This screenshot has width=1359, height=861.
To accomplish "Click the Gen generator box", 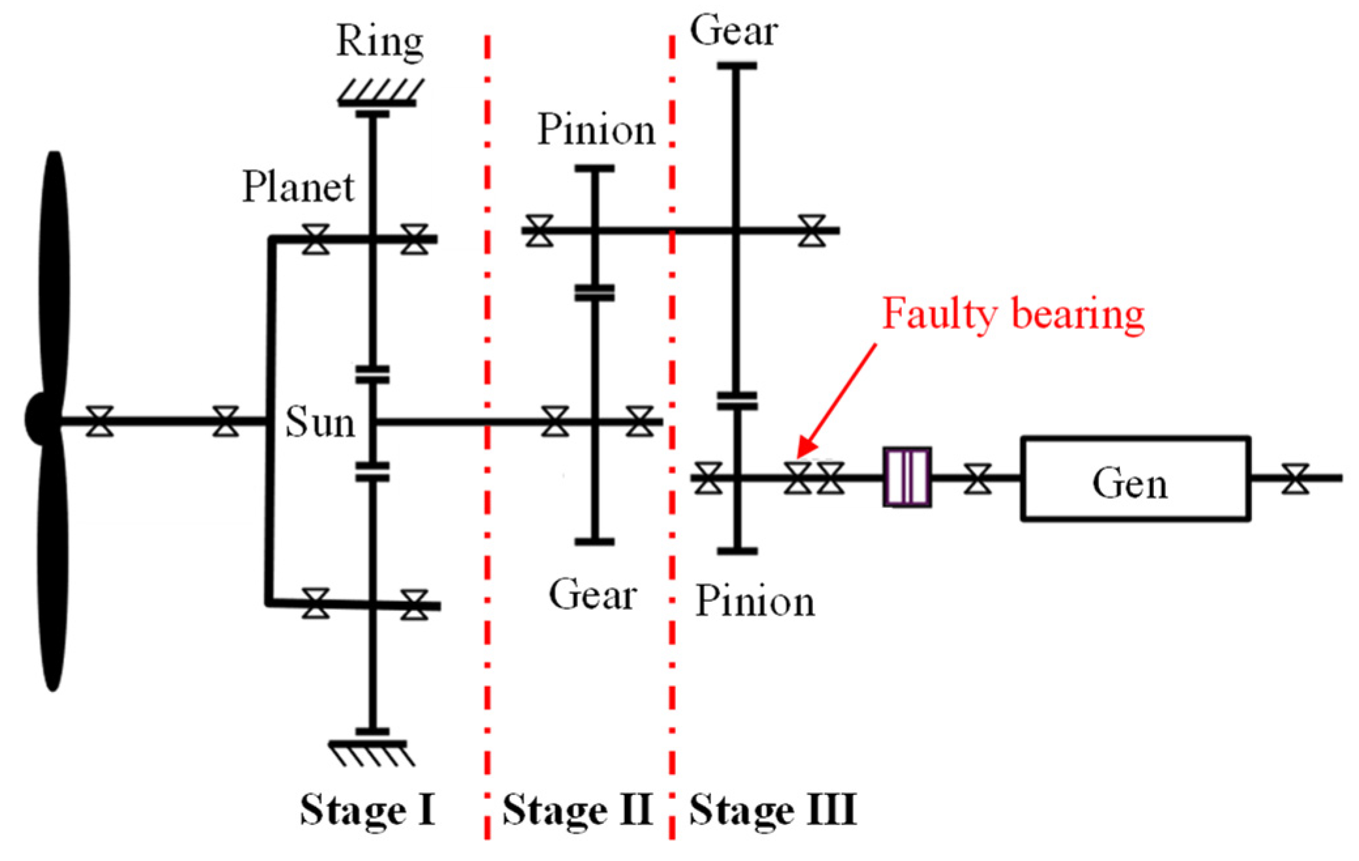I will (1135, 479).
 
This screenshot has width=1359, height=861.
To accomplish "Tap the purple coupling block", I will (906, 477).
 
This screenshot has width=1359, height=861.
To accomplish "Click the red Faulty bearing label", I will (1013, 314).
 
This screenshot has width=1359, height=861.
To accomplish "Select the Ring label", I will (379, 42).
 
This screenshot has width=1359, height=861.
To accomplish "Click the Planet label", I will (298, 187).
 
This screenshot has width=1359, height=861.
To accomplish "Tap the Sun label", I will (320, 422).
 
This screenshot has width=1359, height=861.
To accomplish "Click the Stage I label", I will (367, 810).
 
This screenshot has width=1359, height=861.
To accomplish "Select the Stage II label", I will (577, 810).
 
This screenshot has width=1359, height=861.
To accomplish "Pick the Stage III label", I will (773, 810).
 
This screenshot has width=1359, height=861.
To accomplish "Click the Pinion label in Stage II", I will (596, 129).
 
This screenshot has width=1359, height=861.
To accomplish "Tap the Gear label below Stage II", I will (592, 595).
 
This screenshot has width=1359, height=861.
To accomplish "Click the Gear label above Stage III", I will (734, 31).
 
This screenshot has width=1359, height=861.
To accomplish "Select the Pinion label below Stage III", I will (755, 601).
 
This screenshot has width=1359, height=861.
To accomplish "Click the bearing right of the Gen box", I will (1295, 478).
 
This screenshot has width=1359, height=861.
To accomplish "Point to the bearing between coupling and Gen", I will (977, 478).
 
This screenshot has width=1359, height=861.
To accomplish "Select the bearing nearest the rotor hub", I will (100, 421).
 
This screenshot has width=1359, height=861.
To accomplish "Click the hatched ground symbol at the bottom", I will (371, 753).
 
